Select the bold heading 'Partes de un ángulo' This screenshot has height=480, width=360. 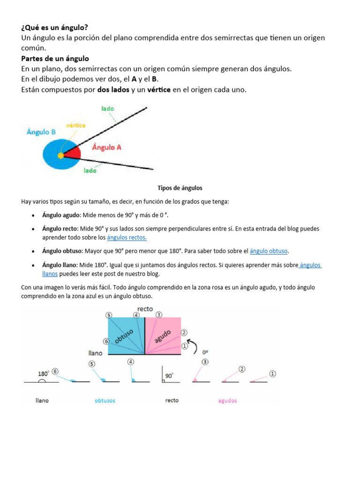coord(55,59)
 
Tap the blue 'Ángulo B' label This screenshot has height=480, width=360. coord(41,132)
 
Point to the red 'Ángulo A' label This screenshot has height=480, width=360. coord(106,147)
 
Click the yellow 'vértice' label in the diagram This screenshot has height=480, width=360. coord(75,125)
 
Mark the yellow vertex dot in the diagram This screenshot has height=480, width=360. coord(60,155)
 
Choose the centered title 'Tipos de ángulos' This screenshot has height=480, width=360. coord(180,188)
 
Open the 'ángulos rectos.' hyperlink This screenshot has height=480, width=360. coord(127,237)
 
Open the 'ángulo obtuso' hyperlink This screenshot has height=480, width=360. coord(269,251)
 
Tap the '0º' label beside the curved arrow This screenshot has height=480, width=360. coord(205,352)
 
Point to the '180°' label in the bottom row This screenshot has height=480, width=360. coord(43,374)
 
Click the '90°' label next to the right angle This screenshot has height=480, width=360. coord(169,375)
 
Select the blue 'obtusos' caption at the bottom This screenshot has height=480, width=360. coord(105,401)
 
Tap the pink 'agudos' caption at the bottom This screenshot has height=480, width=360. coord(227,401)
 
